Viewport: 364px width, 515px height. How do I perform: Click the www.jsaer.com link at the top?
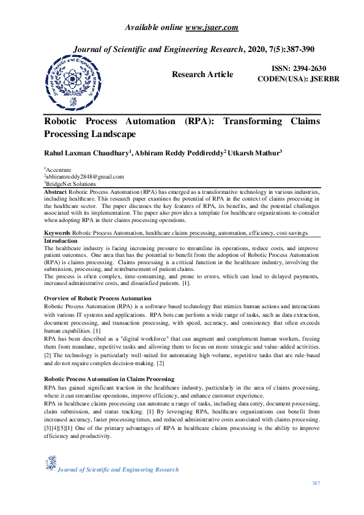pyautogui.click(x=211, y=28)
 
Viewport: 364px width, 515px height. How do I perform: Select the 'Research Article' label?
pyautogui.click(x=202, y=75)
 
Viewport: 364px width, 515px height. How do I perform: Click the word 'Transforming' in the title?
pyautogui.click(x=256, y=121)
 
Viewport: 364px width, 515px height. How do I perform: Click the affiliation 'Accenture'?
pyautogui.click(x=59, y=170)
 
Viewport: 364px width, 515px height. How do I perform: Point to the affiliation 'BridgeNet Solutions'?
pyautogui.click(x=71, y=183)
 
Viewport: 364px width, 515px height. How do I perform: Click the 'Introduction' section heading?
pyautogui.click(x=61, y=241)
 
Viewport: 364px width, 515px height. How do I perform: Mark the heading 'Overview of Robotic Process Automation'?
pyautogui.click(x=97, y=298)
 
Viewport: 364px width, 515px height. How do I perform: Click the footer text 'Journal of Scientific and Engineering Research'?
pyautogui.click(x=118, y=470)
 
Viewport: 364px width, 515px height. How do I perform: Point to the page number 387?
pyautogui.click(x=316, y=484)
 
